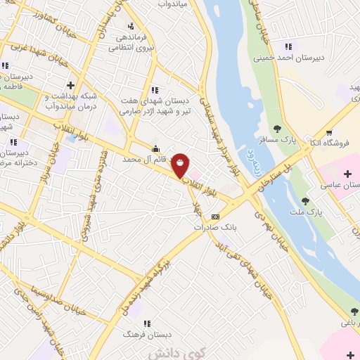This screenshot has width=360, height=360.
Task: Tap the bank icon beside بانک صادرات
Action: click(x=215, y=217)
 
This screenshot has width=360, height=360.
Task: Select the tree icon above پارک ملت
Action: click(x=304, y=201)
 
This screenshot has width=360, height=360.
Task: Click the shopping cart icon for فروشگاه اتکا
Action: click(x=328, y=132)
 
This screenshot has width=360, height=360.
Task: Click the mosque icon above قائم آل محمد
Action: click(x=155, y=148)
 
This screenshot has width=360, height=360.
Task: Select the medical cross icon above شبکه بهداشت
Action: click(x=70, y=85)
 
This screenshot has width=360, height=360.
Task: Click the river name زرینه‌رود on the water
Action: click(x=247, y=157)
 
